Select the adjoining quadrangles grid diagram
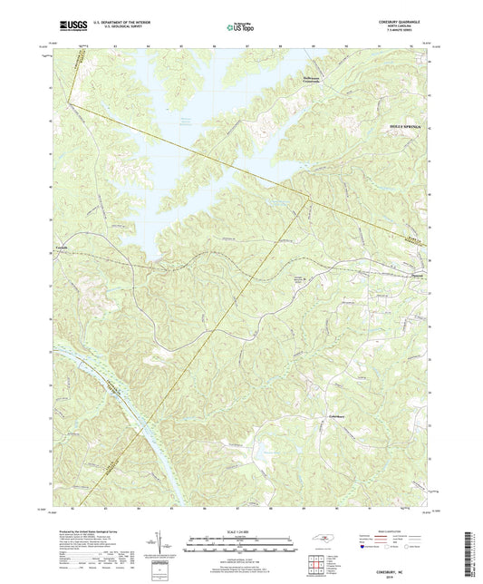coord(316,567)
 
